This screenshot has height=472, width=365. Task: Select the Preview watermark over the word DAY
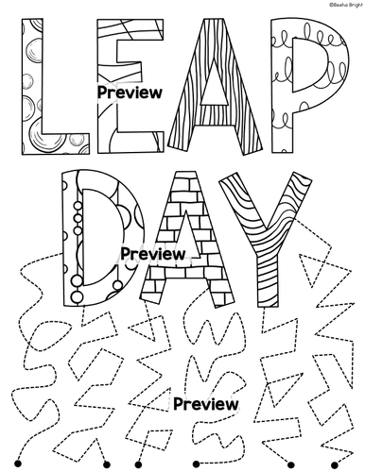point(152,254)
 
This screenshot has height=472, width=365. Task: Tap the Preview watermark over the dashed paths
point(204,402)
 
